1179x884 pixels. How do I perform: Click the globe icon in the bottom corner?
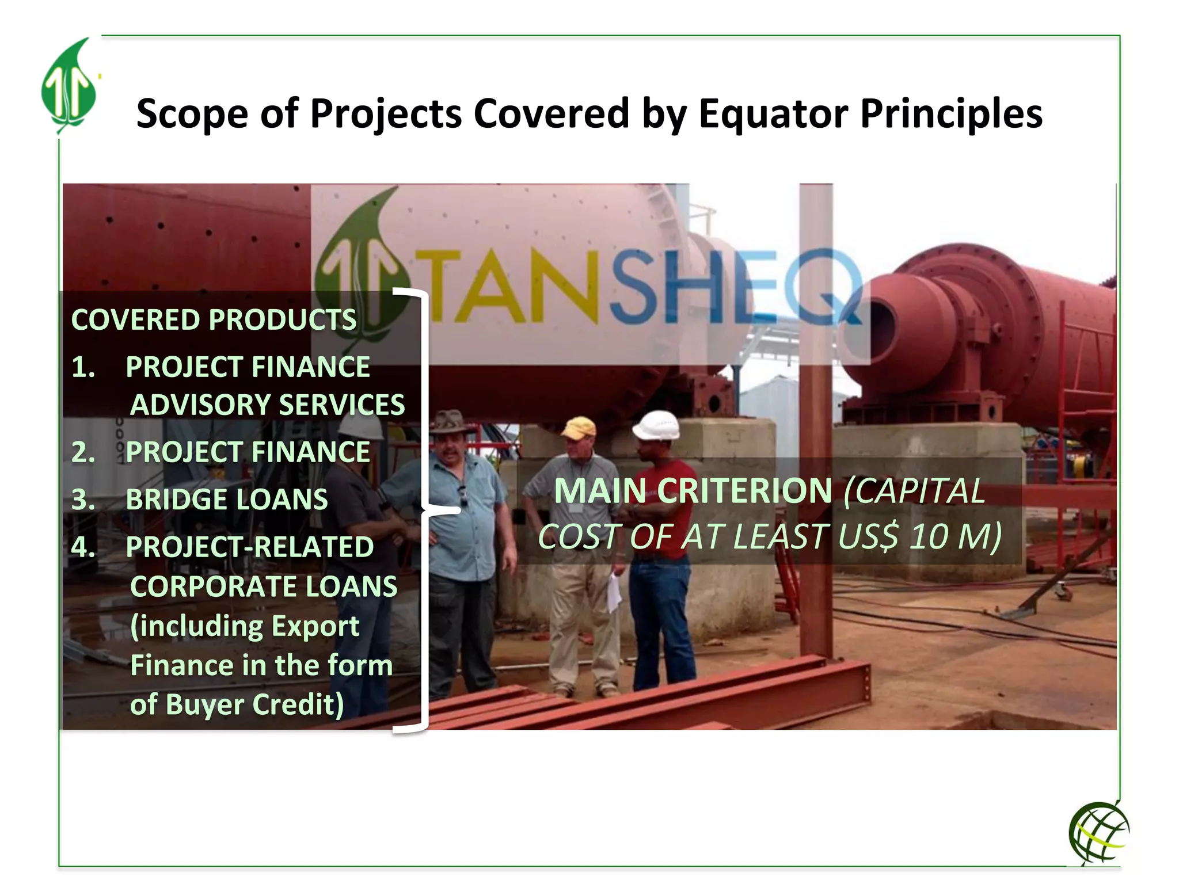(1098, 832)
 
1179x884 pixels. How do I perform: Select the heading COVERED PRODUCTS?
(214, 320)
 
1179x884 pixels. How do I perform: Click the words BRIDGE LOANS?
(227, 500)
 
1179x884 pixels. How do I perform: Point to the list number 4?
(83, 547)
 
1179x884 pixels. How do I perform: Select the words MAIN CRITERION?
(693, 491)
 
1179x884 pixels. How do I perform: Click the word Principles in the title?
(950, 113)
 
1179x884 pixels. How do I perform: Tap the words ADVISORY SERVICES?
(268, 405)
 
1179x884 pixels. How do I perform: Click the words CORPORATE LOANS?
(264, 586)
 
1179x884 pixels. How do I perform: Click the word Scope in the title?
(192, 113)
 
